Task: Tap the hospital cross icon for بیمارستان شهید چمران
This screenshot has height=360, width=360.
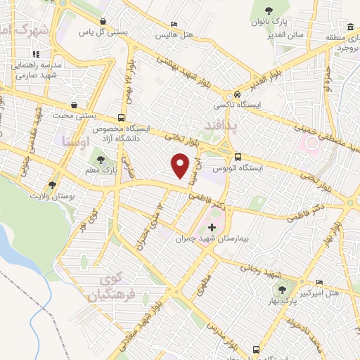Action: [212, 227]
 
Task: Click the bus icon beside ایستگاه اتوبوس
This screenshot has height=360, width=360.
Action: [238, 157]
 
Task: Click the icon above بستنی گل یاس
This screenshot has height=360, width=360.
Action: [104, 22]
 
